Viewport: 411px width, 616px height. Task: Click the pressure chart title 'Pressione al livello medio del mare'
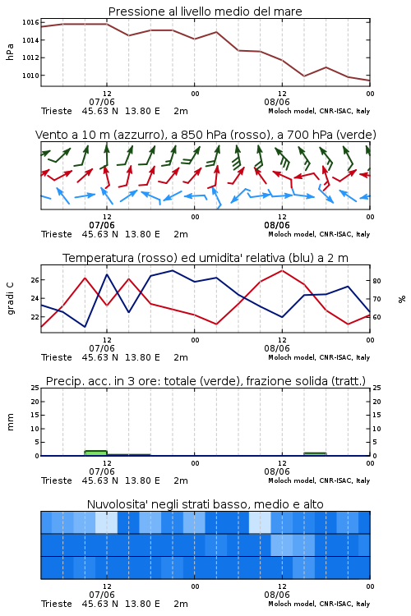tap(205, 11)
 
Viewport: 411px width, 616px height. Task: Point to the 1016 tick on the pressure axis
tap(30, 22)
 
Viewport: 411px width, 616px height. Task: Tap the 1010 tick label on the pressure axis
tap(30, 76)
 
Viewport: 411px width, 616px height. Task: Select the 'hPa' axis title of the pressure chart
tap(10, 52)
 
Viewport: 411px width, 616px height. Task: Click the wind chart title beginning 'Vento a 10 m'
tap(205, 135)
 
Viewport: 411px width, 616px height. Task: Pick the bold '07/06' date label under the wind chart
tap(102, 225)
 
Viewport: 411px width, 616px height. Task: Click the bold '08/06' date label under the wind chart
tap(277, 225)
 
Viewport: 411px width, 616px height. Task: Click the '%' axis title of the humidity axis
tap(402, 299)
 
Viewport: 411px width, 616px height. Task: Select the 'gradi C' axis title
tap(10, 299)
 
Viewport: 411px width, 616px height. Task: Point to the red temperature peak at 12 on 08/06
tap(282, 270)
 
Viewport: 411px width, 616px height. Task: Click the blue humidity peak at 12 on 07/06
tap(107, 274)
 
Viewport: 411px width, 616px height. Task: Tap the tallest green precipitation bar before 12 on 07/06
tap(96, 453)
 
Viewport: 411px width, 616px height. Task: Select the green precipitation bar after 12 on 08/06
tap(315, 454)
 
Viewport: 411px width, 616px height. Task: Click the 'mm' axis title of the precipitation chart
tap(10, 422)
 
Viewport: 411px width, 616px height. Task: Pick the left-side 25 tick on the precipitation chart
tap(35, 388)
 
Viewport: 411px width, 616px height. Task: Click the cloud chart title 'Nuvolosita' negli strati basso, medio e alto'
tap(205, 504)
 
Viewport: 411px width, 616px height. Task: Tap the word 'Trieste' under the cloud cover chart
tap(57, 604)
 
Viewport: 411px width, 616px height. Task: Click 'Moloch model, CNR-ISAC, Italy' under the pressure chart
tap(319, 111)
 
